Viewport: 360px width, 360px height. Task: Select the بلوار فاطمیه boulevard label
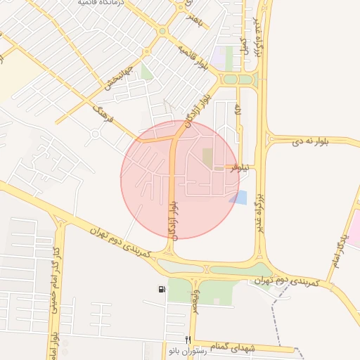(193, 58)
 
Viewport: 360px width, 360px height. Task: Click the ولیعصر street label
(195, 299)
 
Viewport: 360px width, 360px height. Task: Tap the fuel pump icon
(163, 289)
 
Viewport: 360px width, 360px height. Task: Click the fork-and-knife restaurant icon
(188, 340)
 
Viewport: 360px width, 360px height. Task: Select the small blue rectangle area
(240, 198)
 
